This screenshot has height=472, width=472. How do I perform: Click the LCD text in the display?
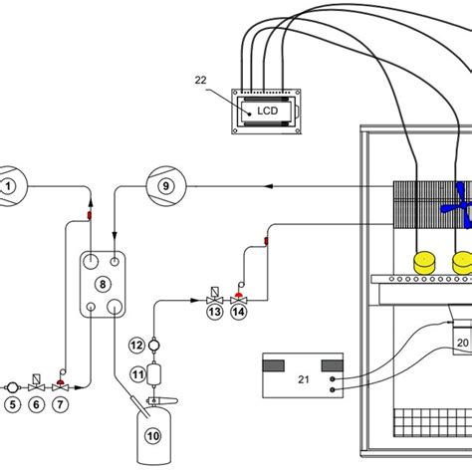[x=268, y=113]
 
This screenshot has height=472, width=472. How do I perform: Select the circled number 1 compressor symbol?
[x=9, y=184]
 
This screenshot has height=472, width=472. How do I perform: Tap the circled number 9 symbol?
[x=164, y=184]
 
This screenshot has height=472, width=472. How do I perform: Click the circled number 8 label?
[x=102, y=283]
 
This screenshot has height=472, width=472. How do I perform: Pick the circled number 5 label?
[x=14, y=403]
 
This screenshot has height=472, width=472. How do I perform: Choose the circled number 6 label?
[x=37, y=403]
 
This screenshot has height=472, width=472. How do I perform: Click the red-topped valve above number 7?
[x=61, y=381]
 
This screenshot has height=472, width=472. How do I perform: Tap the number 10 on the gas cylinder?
[x=153, y=434]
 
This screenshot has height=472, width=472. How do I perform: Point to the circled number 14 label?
[x=238, y=312]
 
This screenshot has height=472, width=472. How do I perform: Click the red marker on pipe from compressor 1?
[x=89, y=213]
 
